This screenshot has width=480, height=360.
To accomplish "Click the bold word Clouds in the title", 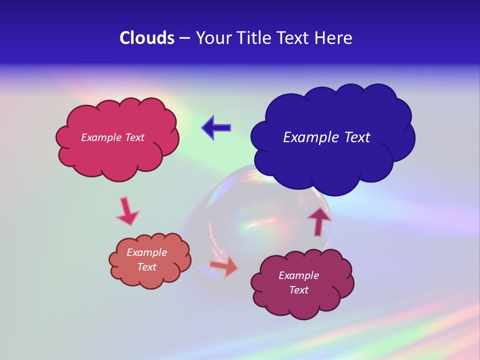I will (146, 38).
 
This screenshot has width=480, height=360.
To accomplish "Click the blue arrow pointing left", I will (216, 127).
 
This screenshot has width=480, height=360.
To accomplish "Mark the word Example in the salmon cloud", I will (147, 252).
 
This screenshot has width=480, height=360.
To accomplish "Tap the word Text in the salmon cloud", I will (147, 267).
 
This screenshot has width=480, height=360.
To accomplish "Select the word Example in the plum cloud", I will (298, 275).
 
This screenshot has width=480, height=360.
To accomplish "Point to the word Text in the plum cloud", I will (298, 290).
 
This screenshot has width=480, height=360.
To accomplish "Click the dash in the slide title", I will (184, 38).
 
